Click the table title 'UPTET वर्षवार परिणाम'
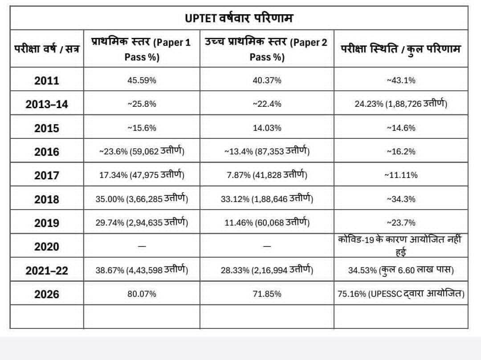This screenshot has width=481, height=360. [x=239, y=18]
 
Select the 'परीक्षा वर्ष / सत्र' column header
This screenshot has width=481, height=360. [x=47, y=49]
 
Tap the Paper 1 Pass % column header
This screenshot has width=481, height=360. [x=142, y=49]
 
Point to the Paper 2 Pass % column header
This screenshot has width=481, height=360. [x=267, y=49]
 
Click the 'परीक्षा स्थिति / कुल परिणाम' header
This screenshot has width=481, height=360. [x=401, y=49]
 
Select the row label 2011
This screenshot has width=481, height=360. [x=47, y=81]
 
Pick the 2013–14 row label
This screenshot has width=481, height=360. [x=47, y=105]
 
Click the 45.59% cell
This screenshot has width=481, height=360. [x=142, y=80]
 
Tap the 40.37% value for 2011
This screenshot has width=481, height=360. [x=267, y=80]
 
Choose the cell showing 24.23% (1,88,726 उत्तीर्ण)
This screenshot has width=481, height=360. [x=401, y=104]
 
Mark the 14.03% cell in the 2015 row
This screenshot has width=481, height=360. [x=267, y=128]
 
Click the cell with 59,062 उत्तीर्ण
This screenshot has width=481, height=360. [x=142, y=151]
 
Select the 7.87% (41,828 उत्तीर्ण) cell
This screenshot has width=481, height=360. [x=267, y=174]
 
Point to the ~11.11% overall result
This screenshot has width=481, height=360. [x=401, y=175]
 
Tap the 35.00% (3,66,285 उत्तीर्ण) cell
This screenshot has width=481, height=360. [x=142, y=198]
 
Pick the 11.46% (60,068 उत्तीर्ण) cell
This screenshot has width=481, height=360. [x=267, y=222]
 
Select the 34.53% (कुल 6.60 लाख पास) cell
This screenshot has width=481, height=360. [x=401, y=270]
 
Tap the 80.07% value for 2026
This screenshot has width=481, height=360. [x=142, y=294]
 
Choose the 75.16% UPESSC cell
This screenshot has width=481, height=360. [x=401, y=294]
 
